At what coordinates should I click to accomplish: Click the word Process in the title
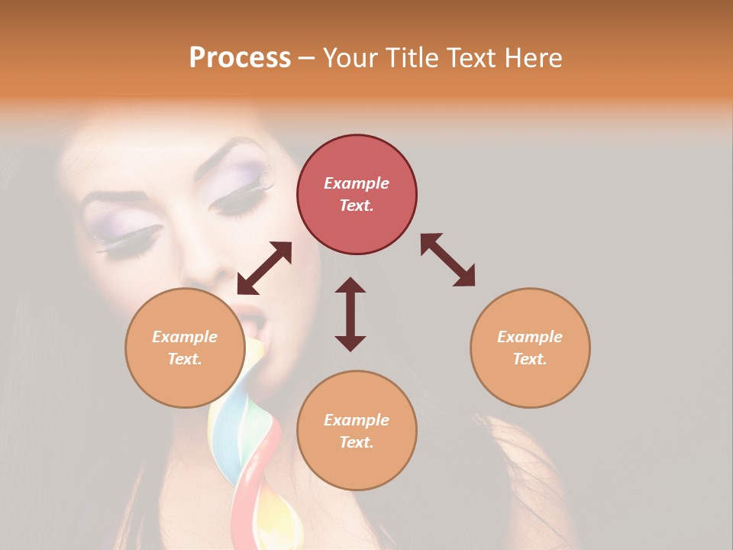click(240, 58)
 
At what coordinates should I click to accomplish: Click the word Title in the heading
click(413, 58)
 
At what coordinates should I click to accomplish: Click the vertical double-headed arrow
click(350, 314)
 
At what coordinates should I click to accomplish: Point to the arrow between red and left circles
click(264, 268)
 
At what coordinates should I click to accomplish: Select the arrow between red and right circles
click(447, 260)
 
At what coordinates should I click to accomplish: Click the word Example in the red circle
click(357, 183)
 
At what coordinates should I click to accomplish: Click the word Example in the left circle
click(185, 337)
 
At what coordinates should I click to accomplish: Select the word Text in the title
click(470, 58)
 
